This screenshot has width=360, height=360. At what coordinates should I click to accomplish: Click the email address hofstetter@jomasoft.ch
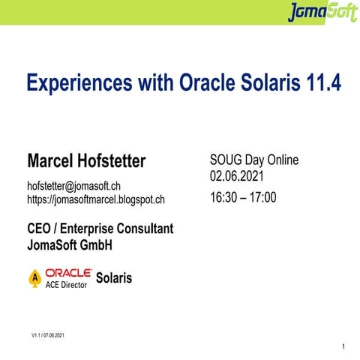pos(74,185)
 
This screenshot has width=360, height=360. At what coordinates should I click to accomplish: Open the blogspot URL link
pos(96,199)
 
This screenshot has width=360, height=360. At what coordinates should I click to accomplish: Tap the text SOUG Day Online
pos(254,160)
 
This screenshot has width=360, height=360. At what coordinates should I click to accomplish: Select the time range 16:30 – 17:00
pos(244,198)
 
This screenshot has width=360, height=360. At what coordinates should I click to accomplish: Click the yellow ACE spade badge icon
pos(34,278)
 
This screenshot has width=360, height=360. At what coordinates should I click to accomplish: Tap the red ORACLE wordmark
pos(69,272)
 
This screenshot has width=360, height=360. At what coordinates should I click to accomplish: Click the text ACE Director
pos(67,285)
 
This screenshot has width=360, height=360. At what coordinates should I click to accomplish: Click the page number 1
pos(342,346)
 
